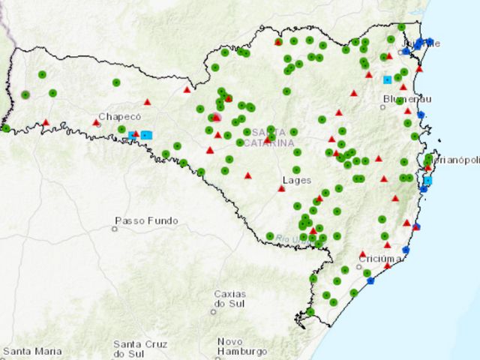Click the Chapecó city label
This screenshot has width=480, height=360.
click(x=120, y=116)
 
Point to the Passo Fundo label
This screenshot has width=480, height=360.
click(x=147, y=221)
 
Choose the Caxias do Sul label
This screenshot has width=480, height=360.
click(x=229, y=298)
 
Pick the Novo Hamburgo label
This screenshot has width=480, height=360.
click(x=241, y=346)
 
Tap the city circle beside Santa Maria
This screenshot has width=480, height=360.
click(x=4, y=351)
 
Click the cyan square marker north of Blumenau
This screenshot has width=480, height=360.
click(x=387, y=79)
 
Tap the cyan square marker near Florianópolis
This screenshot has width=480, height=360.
click(x=427, y=181)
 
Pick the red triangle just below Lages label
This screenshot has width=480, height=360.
click(x=281, y=188)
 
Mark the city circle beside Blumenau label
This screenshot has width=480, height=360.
click(x=383, y=106)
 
